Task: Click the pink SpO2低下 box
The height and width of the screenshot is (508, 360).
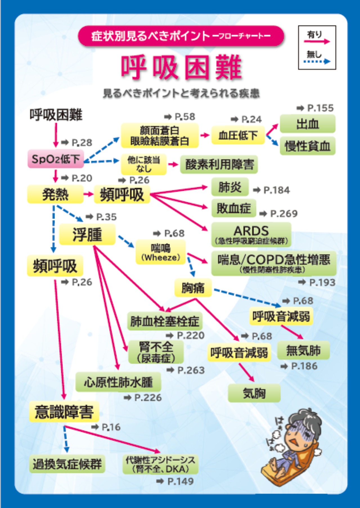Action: pos(56,159)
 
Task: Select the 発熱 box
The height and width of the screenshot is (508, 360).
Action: pos(55,194)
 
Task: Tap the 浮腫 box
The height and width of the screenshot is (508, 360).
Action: pos(87,235)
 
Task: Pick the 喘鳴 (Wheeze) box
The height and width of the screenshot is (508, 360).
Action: pos(161,252)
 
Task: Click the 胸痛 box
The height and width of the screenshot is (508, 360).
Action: pos(193,288)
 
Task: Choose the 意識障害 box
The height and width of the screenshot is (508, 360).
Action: pos(64,412)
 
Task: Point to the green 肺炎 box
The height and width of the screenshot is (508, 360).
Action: pos(230,187)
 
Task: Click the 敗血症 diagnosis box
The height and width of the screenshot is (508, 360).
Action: pos(233,208)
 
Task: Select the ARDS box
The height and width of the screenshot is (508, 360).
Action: pos(251,234)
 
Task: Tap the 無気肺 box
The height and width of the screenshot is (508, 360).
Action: pos(303,350)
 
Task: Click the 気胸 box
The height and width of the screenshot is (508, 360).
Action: pos(254,393)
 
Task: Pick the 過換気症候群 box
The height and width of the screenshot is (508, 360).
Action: pos(67,464)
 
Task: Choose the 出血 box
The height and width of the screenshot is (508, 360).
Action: pos(307,124)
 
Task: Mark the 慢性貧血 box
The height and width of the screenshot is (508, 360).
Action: pos(307,146)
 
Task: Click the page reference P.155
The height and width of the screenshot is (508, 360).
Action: pos(320,108)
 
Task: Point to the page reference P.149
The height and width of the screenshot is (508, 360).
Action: pos(180,481)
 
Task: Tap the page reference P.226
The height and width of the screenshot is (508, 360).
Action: pos(148,398)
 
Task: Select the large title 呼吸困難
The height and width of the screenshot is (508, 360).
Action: pos(181,68)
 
